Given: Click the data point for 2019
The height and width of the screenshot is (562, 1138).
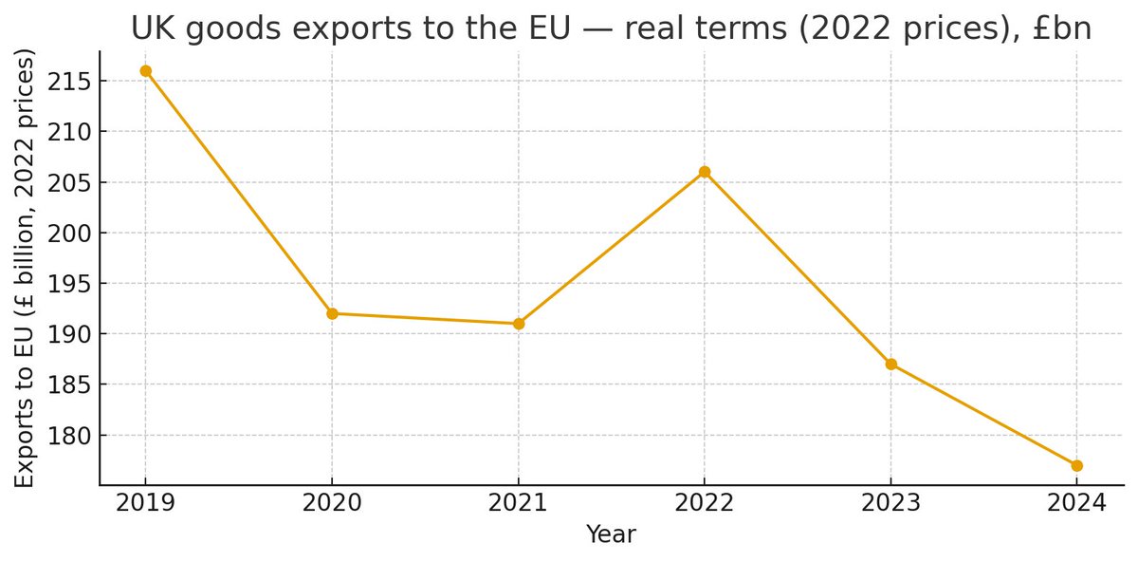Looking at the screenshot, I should [x=145, y=70].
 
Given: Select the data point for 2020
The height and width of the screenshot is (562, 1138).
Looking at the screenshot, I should [x=332, y=313].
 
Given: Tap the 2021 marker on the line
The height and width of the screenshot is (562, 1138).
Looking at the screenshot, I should [x=519, y=324].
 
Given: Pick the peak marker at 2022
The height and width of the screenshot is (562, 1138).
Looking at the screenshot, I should [x=705, y=172].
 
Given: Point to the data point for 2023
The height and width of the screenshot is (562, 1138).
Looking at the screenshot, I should [x=890, y=365].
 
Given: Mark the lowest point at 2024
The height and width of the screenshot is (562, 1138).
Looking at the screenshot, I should [x=1077, y=465].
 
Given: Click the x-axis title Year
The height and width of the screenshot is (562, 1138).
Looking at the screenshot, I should [x=611, y=534].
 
